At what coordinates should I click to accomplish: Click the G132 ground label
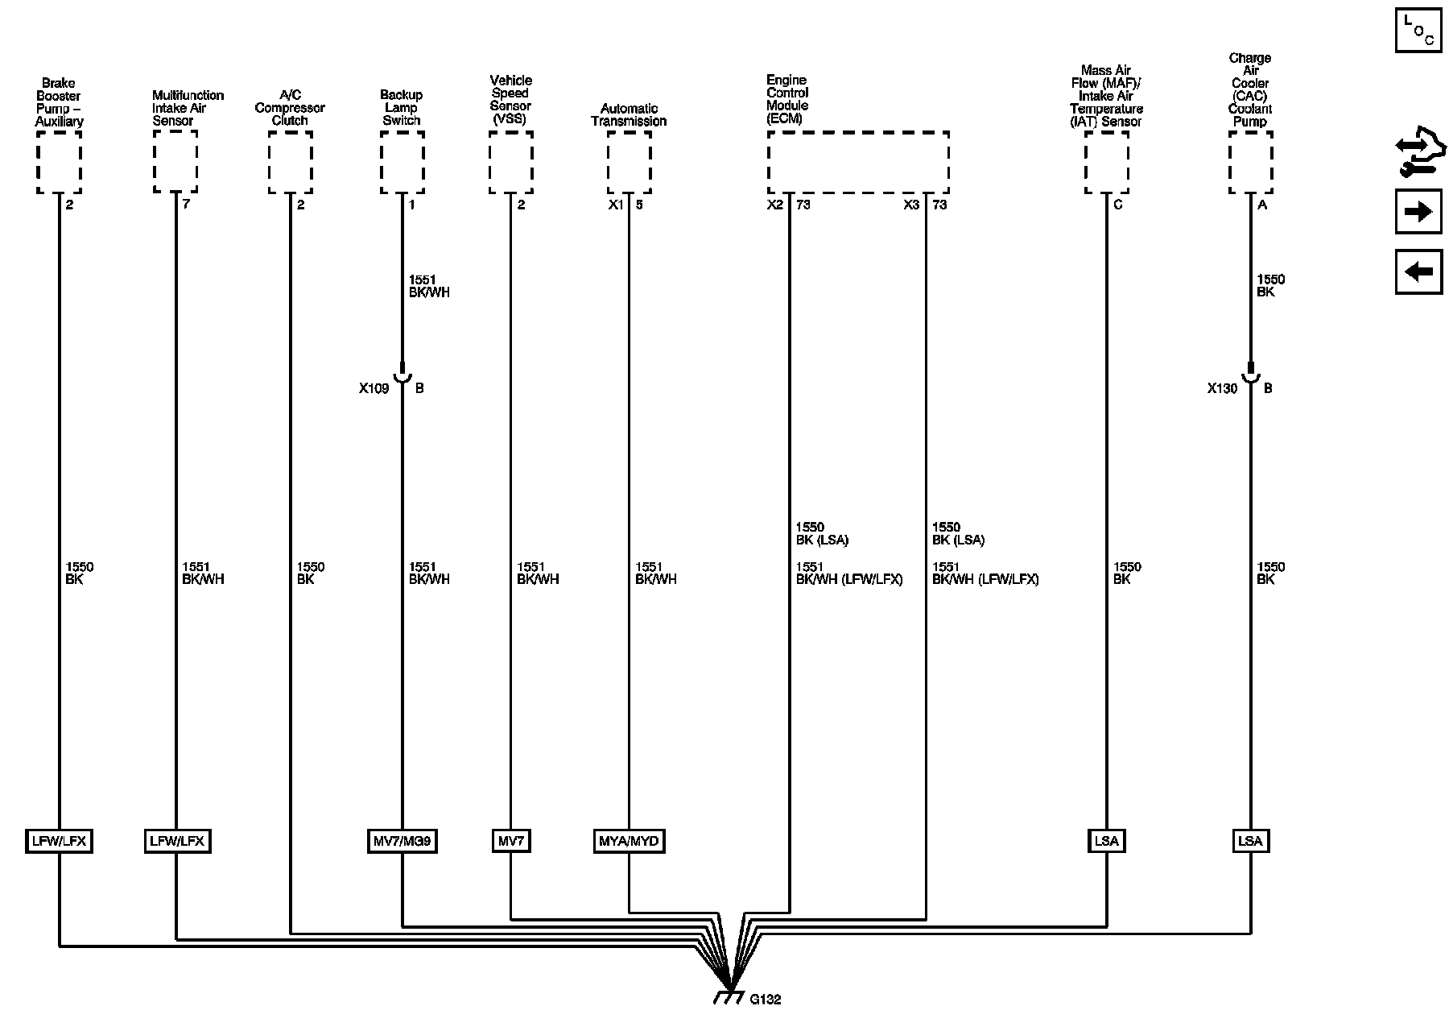pyautogui.click(x=765, y=1000)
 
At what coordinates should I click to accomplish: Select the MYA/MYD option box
pyautogui.click(x=629, y=842)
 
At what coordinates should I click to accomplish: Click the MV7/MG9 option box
pyautogui.click(x=402, y=842)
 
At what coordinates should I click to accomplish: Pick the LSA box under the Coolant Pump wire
pyautogui.click(x=1250, y=842)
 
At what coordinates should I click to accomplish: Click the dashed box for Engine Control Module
pyautogui.click(x=857, y=162)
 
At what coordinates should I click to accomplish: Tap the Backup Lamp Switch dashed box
pyautogui.click(x=402, y=162)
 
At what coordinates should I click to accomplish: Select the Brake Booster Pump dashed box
pyautogui.click(x=59, y=162)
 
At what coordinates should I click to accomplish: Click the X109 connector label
pyautogui.click(x=374, y=388)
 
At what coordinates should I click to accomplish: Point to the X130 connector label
pyautogui.click(x=1222, y=388)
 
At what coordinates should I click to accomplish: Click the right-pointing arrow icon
pyautogui.click(x=1418, y=212)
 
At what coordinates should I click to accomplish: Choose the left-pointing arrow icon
pyautogui.click(x=1418, y=271)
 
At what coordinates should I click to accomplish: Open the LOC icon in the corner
pyautogui.click(x=1418, y=31)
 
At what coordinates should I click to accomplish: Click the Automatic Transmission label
pyautogui.click(x=629, y=114)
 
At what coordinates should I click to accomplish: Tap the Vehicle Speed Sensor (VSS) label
pyautogui.click(x=510, y=100)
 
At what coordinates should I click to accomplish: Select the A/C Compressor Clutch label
pyautogui.click(x=290, y=108)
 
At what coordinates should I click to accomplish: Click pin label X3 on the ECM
pyautogui.click(x=911, y=205)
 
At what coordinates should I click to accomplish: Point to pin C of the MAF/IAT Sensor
pyautogui.click(x=1117, y=205)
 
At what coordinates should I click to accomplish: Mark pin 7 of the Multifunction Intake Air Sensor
pyautogui.click(x=186, y=205)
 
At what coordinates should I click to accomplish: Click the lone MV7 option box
pyautogui.click(x=510, y=842)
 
